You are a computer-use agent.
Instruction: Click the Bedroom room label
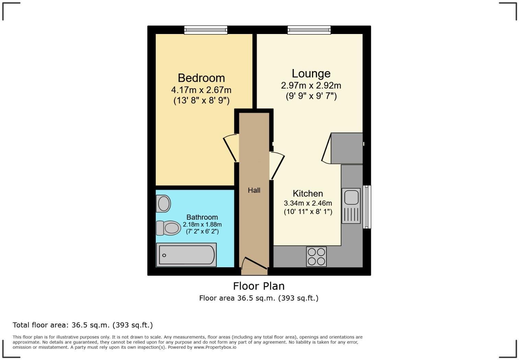click(201, 78)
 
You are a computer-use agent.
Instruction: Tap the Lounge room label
click(311, 74)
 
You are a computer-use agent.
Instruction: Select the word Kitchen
click(308, 193)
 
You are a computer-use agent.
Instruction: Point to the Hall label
click(254, 190)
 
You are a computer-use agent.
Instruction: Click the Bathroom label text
click(202, 217)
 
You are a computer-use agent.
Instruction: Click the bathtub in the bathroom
click(186, 255)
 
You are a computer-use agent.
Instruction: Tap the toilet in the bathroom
click(169, 228)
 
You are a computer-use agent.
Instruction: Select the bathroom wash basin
click(163, 203)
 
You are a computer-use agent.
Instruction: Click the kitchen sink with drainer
click(351, 205)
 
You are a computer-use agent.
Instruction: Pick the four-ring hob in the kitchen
click(316, 257)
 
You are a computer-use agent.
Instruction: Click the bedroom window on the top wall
click(206, 30)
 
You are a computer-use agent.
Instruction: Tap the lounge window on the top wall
click(309, 30)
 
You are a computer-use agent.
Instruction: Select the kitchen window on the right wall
click(367, 207)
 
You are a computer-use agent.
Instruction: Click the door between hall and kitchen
click(277, 165)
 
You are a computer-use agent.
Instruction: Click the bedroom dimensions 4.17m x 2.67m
click(201, 90)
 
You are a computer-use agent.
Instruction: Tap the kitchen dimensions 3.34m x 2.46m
click(308, 203)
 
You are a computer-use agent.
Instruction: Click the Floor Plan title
click(259, 286)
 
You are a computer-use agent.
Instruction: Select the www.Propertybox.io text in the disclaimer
click(215, 347)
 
